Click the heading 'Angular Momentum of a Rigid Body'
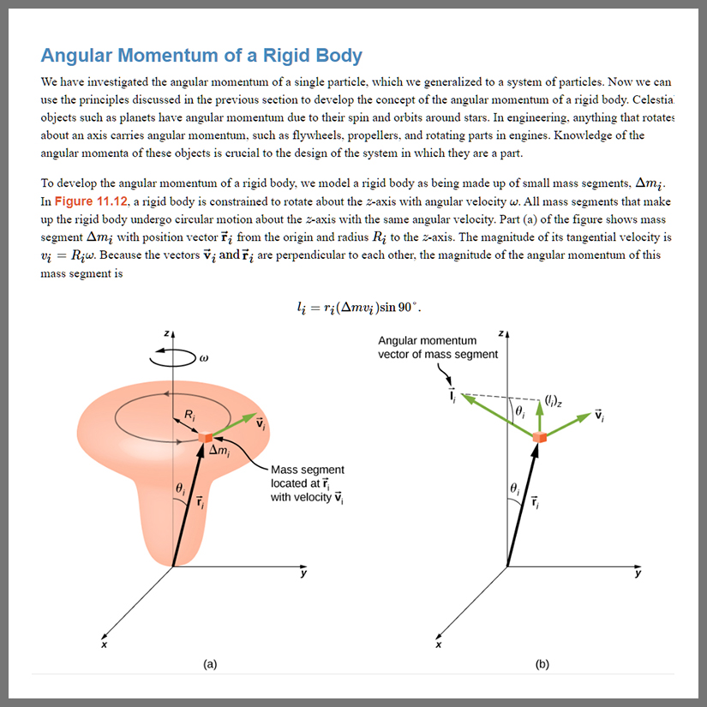(x=201, y=56)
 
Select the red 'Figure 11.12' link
(x=91, y=201)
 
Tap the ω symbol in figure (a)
(x=203, y=358)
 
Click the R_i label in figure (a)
(x=190, y=416)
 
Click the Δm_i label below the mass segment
(x=219, y=452)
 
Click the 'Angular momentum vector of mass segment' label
(x=438, y=347)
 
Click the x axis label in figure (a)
(x=104, y=644)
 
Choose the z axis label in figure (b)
(x=500, y=333)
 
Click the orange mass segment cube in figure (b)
(x=539, y=438)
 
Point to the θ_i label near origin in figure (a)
(x=180, y=488)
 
